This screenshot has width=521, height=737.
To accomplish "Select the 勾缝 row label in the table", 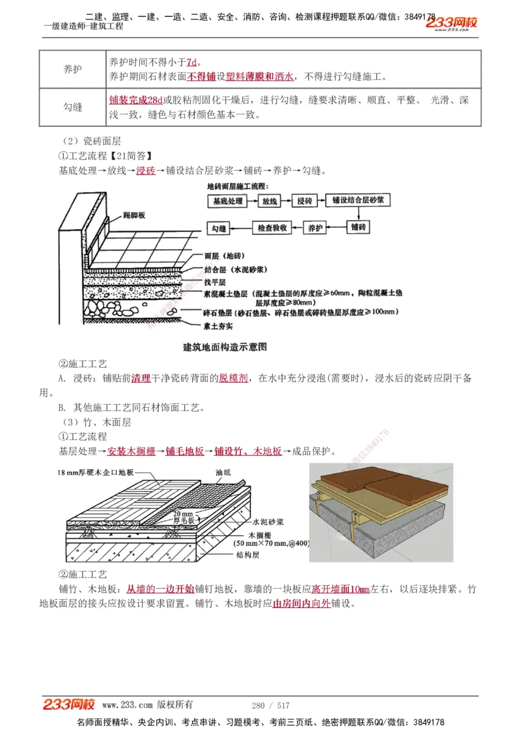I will [x=72, y=107].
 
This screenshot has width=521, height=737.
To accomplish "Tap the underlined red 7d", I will [x=191, y=63].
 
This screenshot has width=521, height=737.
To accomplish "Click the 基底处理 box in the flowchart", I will [x=227, y=202].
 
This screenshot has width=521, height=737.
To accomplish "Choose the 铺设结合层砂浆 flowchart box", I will [x=357, y=201].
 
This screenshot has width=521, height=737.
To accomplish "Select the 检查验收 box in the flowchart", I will [x=272, y=229].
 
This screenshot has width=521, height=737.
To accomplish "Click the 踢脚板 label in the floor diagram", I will [x=134, y=215].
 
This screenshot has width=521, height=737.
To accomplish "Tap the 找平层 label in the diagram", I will [x=214, y=282].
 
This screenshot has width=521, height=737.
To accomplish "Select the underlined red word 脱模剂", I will [x=232, y=378].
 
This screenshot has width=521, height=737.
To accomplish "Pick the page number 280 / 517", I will [x=270, y=705].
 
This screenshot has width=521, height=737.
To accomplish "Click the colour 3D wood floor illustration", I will [x=381, y=512].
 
